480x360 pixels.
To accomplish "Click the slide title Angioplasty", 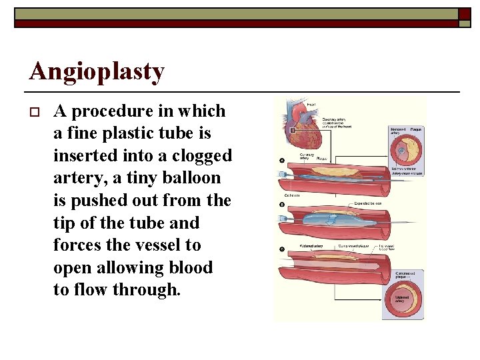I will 97,71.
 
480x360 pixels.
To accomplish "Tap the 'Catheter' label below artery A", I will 293,195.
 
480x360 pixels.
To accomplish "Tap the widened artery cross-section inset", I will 404,299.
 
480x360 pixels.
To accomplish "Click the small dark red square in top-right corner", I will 464,13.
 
